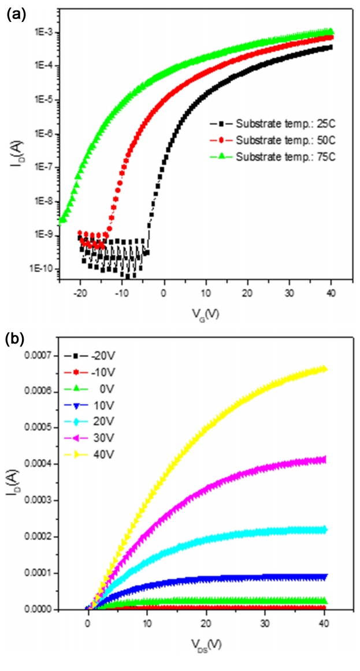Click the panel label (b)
[14, 339]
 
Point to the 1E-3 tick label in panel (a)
[42, 32]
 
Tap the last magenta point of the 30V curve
[325, 460]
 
